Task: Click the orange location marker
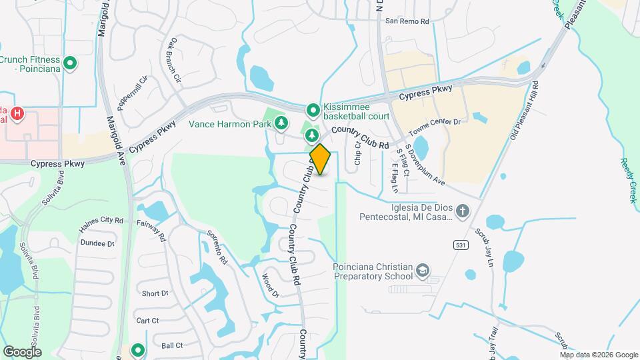(x=320, y=159)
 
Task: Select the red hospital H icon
(x=17, y=114)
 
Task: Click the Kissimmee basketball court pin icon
(x=312, y=109)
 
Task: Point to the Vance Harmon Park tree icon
(x=282, y=123)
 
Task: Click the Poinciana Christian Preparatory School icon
(x=421, y=270)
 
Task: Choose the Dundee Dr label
(x=97, y=243)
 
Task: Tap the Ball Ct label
(x=172, y=345)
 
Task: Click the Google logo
(x=22, y=351)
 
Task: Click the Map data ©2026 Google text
(x=598, y=354)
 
